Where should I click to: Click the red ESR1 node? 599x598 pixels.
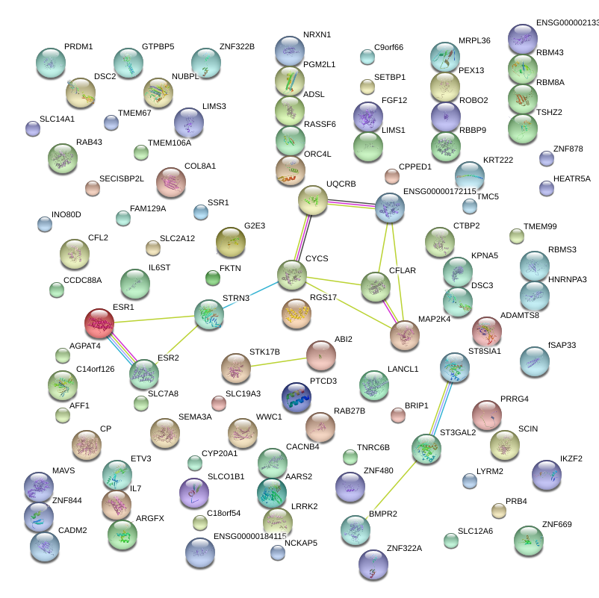pyautogui.click(x=99, y=323)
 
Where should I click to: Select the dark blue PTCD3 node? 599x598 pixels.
pyautogui.click(x=297, y=397)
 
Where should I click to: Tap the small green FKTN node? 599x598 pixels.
pyautogui.click(x=213, y=278)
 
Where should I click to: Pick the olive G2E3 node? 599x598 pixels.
pyautogui.click(x=230, y=241)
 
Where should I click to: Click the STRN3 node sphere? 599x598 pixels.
pyautogui.click(x=209, y=315)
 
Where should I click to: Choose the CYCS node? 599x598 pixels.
pyautogui.click(x=291, y=275)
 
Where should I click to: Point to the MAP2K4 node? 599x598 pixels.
pyautogui.click(x=404, y=335)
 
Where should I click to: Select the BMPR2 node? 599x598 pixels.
pyautogui.click(x=355, y=529)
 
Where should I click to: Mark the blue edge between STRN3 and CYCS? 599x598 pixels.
pyautogui.click(x=250, y=295)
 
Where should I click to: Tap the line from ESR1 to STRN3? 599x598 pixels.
pyautogui.click(x=154, y=319)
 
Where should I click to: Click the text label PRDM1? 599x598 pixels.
pyautogui.click(x=78, y=47)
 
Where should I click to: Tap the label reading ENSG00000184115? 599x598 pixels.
pyautogui.click(x=250, y=536)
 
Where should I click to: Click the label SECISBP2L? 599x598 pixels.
pyautogui.click(x=122, y=179)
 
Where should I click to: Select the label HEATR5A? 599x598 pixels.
pyautogui.click(x=572, y=179)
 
